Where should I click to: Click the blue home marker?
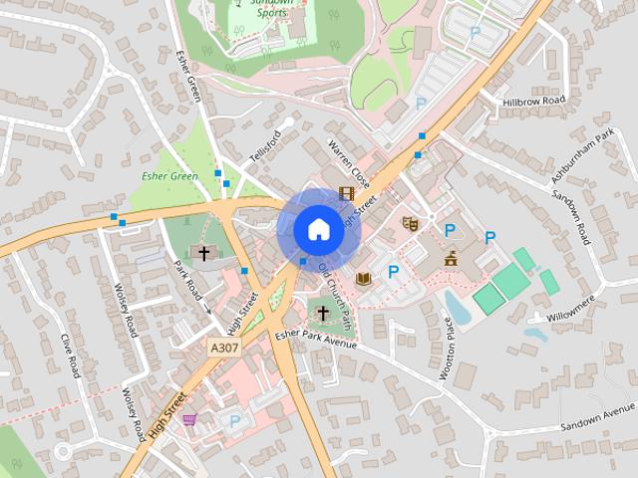tap(317, 229)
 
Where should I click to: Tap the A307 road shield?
tap(224, 348)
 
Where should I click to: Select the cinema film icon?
tap(346, 193)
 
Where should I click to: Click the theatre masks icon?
tap(409, 224)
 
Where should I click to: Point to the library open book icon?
tap(363, 278)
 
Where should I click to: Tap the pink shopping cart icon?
tap(189, 419)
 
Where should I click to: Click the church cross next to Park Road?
tap(204, 253)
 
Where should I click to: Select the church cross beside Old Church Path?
tap(322, 314)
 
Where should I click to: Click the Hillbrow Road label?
tap(533, 101)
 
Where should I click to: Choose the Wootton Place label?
tap(447, 349)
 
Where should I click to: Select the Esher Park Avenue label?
tap(316, 341)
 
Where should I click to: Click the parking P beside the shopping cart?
tap(234, 421)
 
